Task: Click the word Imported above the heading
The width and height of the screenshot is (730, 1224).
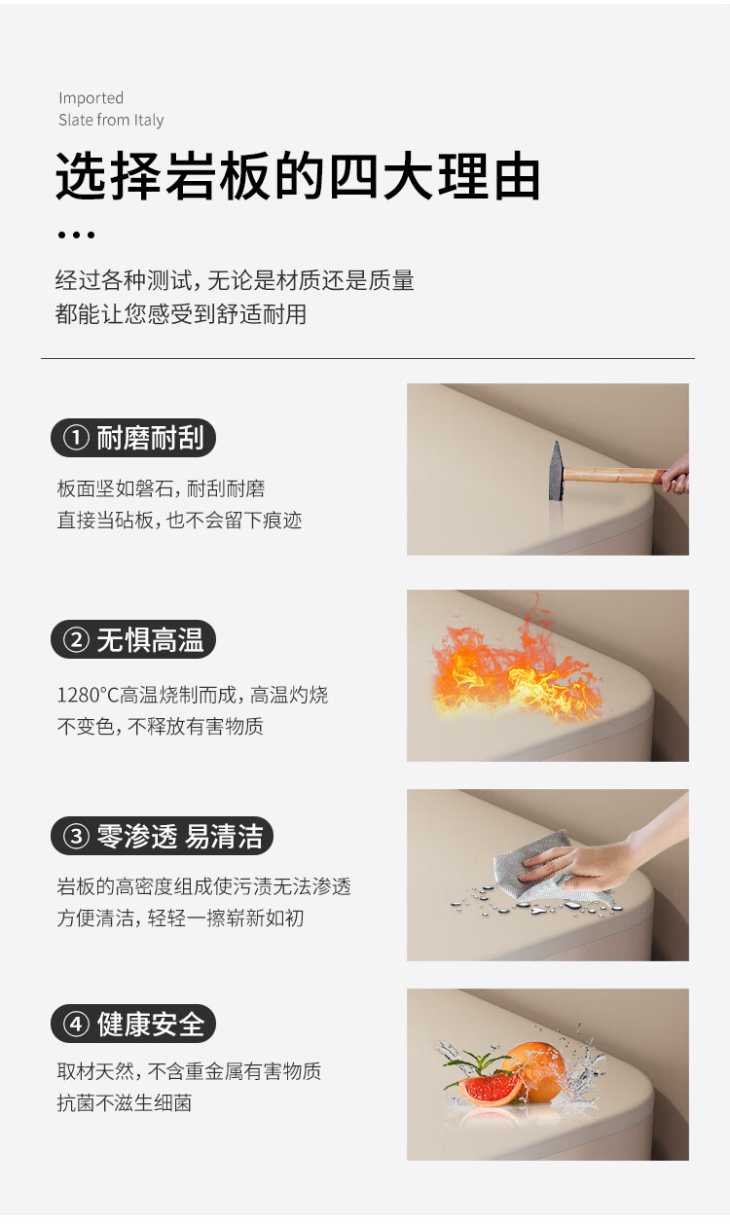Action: [91, 98]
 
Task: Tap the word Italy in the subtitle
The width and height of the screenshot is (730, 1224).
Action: [149, 121]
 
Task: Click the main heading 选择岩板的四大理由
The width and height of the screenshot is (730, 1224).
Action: [298, 176]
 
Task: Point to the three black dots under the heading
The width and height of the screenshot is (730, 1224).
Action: [76, 234]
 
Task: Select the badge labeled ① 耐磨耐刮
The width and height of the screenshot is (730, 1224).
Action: [133, 438]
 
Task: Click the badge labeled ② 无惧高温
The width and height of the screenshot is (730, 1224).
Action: [133, 639]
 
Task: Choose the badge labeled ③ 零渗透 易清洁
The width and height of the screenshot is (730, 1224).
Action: [162, 836]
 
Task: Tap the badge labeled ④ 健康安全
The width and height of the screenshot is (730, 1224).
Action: [133, 1024]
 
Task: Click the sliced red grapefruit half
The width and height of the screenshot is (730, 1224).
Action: [490, 1089]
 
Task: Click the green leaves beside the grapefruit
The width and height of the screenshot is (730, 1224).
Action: [470, 1062]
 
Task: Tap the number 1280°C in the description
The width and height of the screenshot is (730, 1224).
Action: [88, 695]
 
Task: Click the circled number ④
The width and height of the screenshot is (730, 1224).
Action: [76, 1024]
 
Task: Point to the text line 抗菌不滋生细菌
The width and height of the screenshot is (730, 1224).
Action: [125, 1102]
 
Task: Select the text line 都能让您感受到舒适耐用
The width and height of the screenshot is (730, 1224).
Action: [181, 314]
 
